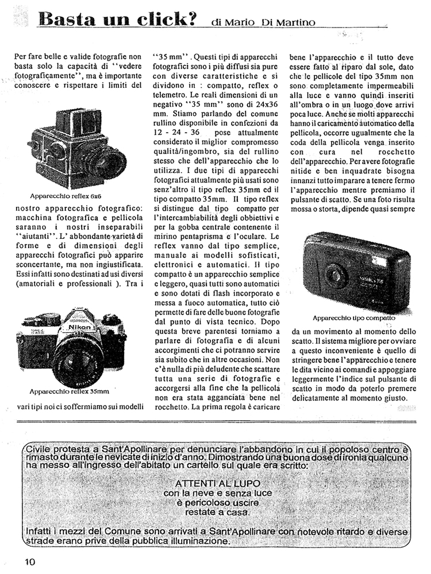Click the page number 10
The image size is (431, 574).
(x=30, y=561)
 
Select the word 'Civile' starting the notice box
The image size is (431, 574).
(x=39, y=448)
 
